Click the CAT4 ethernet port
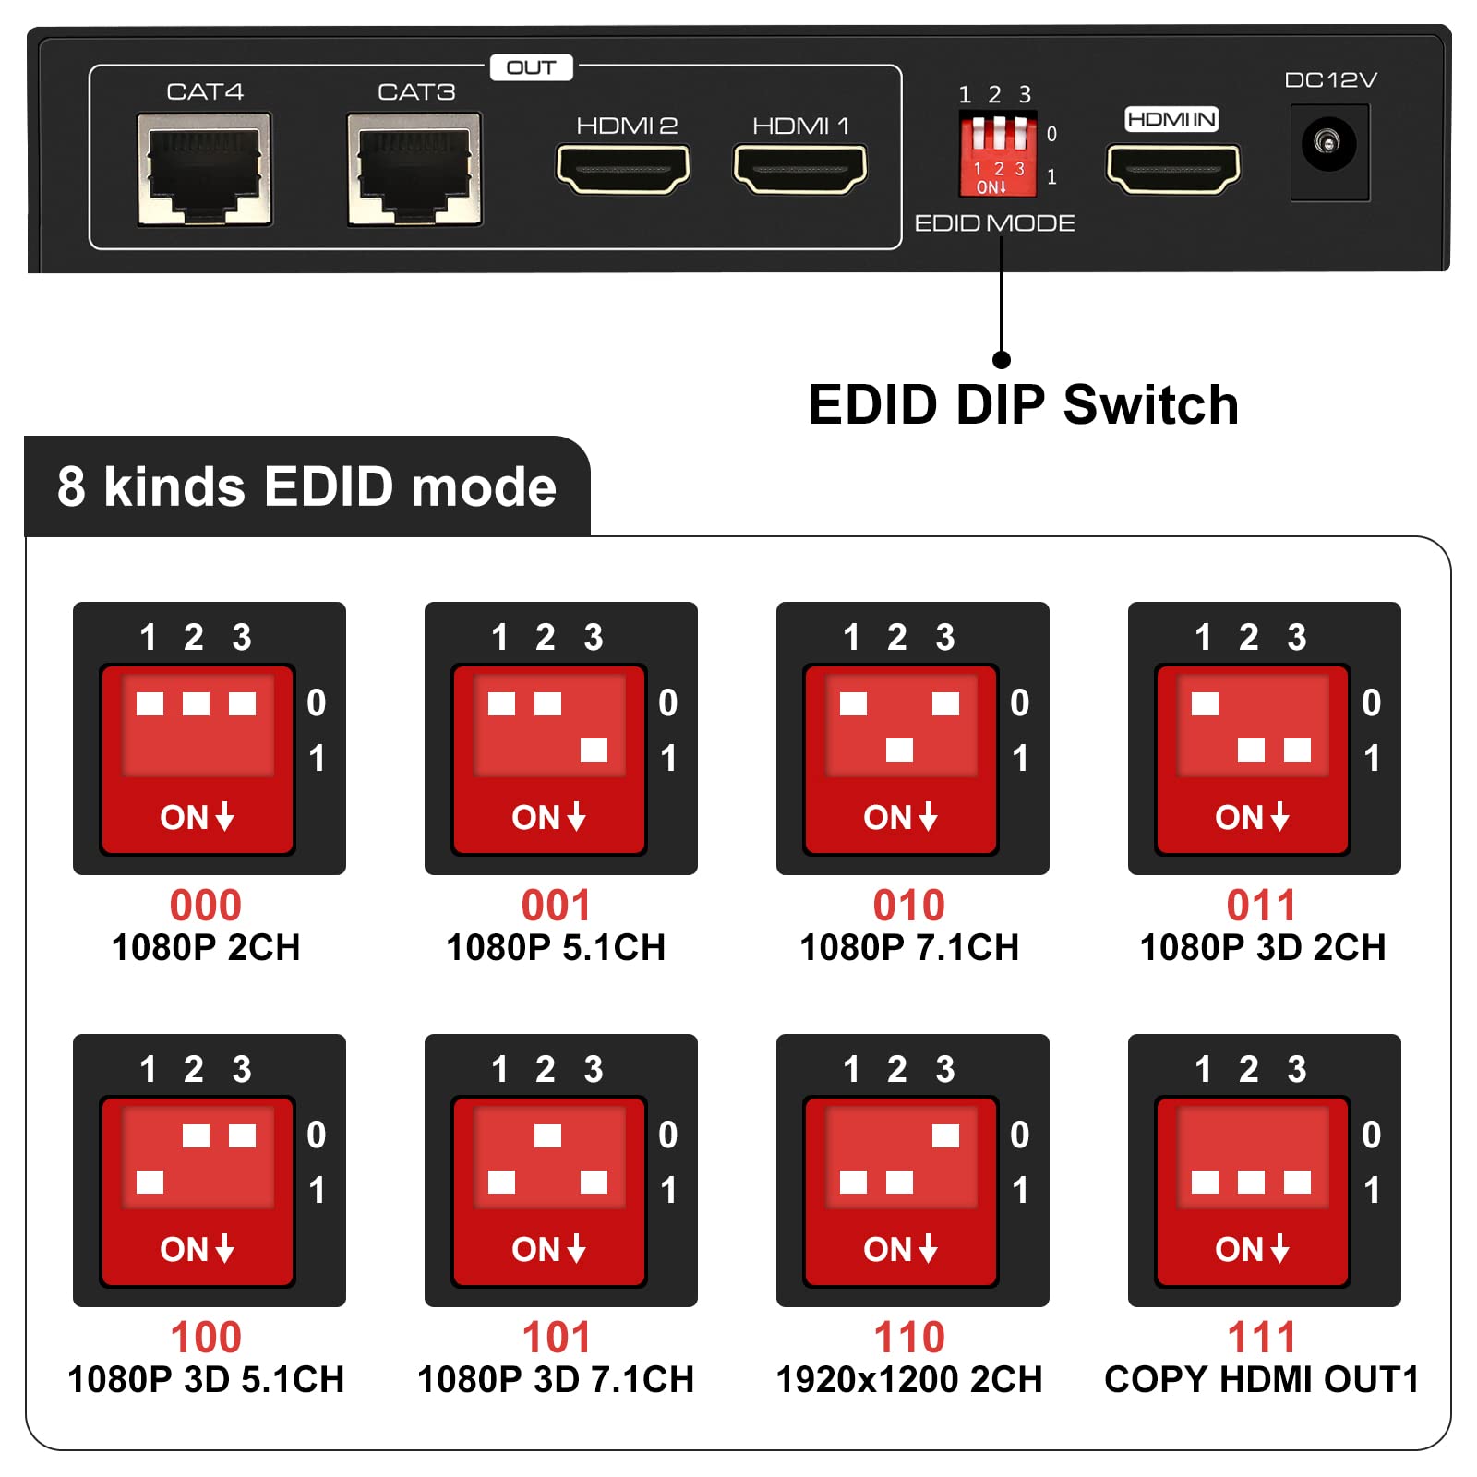(204, 169)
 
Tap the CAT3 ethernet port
(414, 169)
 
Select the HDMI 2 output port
(623, 169)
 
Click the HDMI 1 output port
(800, 169)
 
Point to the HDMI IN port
(1173, 169)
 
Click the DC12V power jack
(1328, 144)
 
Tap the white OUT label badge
(531, 67)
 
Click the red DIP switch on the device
(997, 153)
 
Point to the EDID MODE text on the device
(994, 223)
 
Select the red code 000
(205, 905)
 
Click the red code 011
(1261, 905)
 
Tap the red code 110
(909, 1337)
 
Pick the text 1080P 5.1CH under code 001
(556, 948)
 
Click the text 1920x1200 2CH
(909, 1380)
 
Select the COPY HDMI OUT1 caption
(1261, 1380)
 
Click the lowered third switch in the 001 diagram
(594, 750)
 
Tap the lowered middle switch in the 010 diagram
(899, 750)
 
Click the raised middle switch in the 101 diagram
(547, 1135)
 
